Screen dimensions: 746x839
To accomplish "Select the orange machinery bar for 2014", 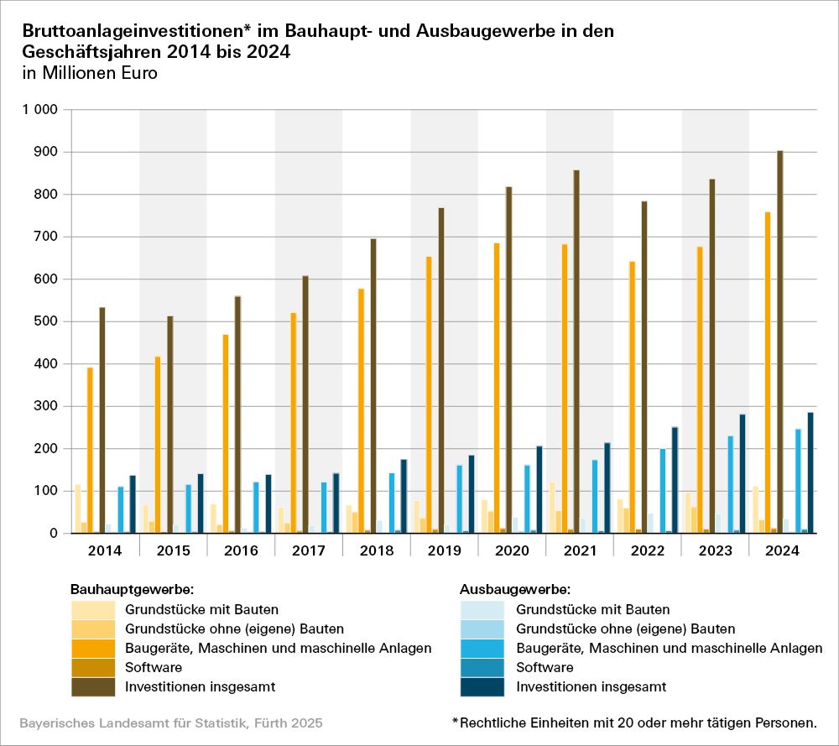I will (x=90, y=450).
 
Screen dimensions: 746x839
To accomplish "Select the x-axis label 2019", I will (x=444, y=550).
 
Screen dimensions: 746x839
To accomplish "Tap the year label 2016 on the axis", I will (x=240, y=550).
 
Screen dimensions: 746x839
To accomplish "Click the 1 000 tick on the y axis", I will (x=39, y=110).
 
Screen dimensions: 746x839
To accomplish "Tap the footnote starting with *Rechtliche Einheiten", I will (x=633, y=723).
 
